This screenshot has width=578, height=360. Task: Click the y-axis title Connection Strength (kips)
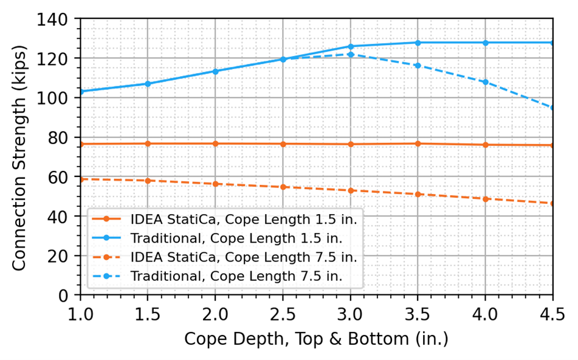pos(19,157)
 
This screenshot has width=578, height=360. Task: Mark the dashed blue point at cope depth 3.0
pos(350,54)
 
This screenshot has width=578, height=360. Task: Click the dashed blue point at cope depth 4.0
pos(485,81)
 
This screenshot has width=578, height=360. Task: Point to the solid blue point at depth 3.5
pos(418,43)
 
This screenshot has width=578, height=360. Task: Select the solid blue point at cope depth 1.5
pos(148,83)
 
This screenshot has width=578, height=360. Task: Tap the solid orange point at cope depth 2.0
pos(215,144)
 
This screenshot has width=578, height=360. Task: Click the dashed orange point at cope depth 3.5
pos(418,194)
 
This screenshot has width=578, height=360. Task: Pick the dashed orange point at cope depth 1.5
pos(148,181)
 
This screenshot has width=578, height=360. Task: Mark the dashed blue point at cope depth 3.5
pos(418,65)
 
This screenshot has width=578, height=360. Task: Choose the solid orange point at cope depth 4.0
pos(485,145)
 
